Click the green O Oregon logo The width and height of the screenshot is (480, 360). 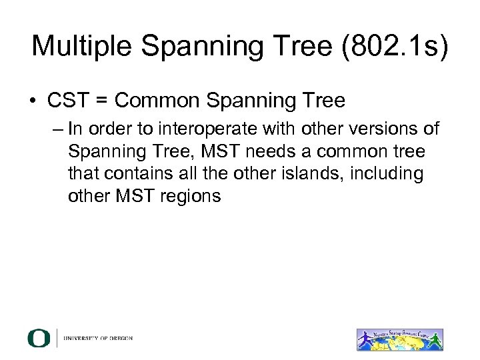pos(39,337)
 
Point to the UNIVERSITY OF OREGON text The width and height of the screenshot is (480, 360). pos(98,338)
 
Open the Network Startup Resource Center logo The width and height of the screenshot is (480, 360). pos(399,337)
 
